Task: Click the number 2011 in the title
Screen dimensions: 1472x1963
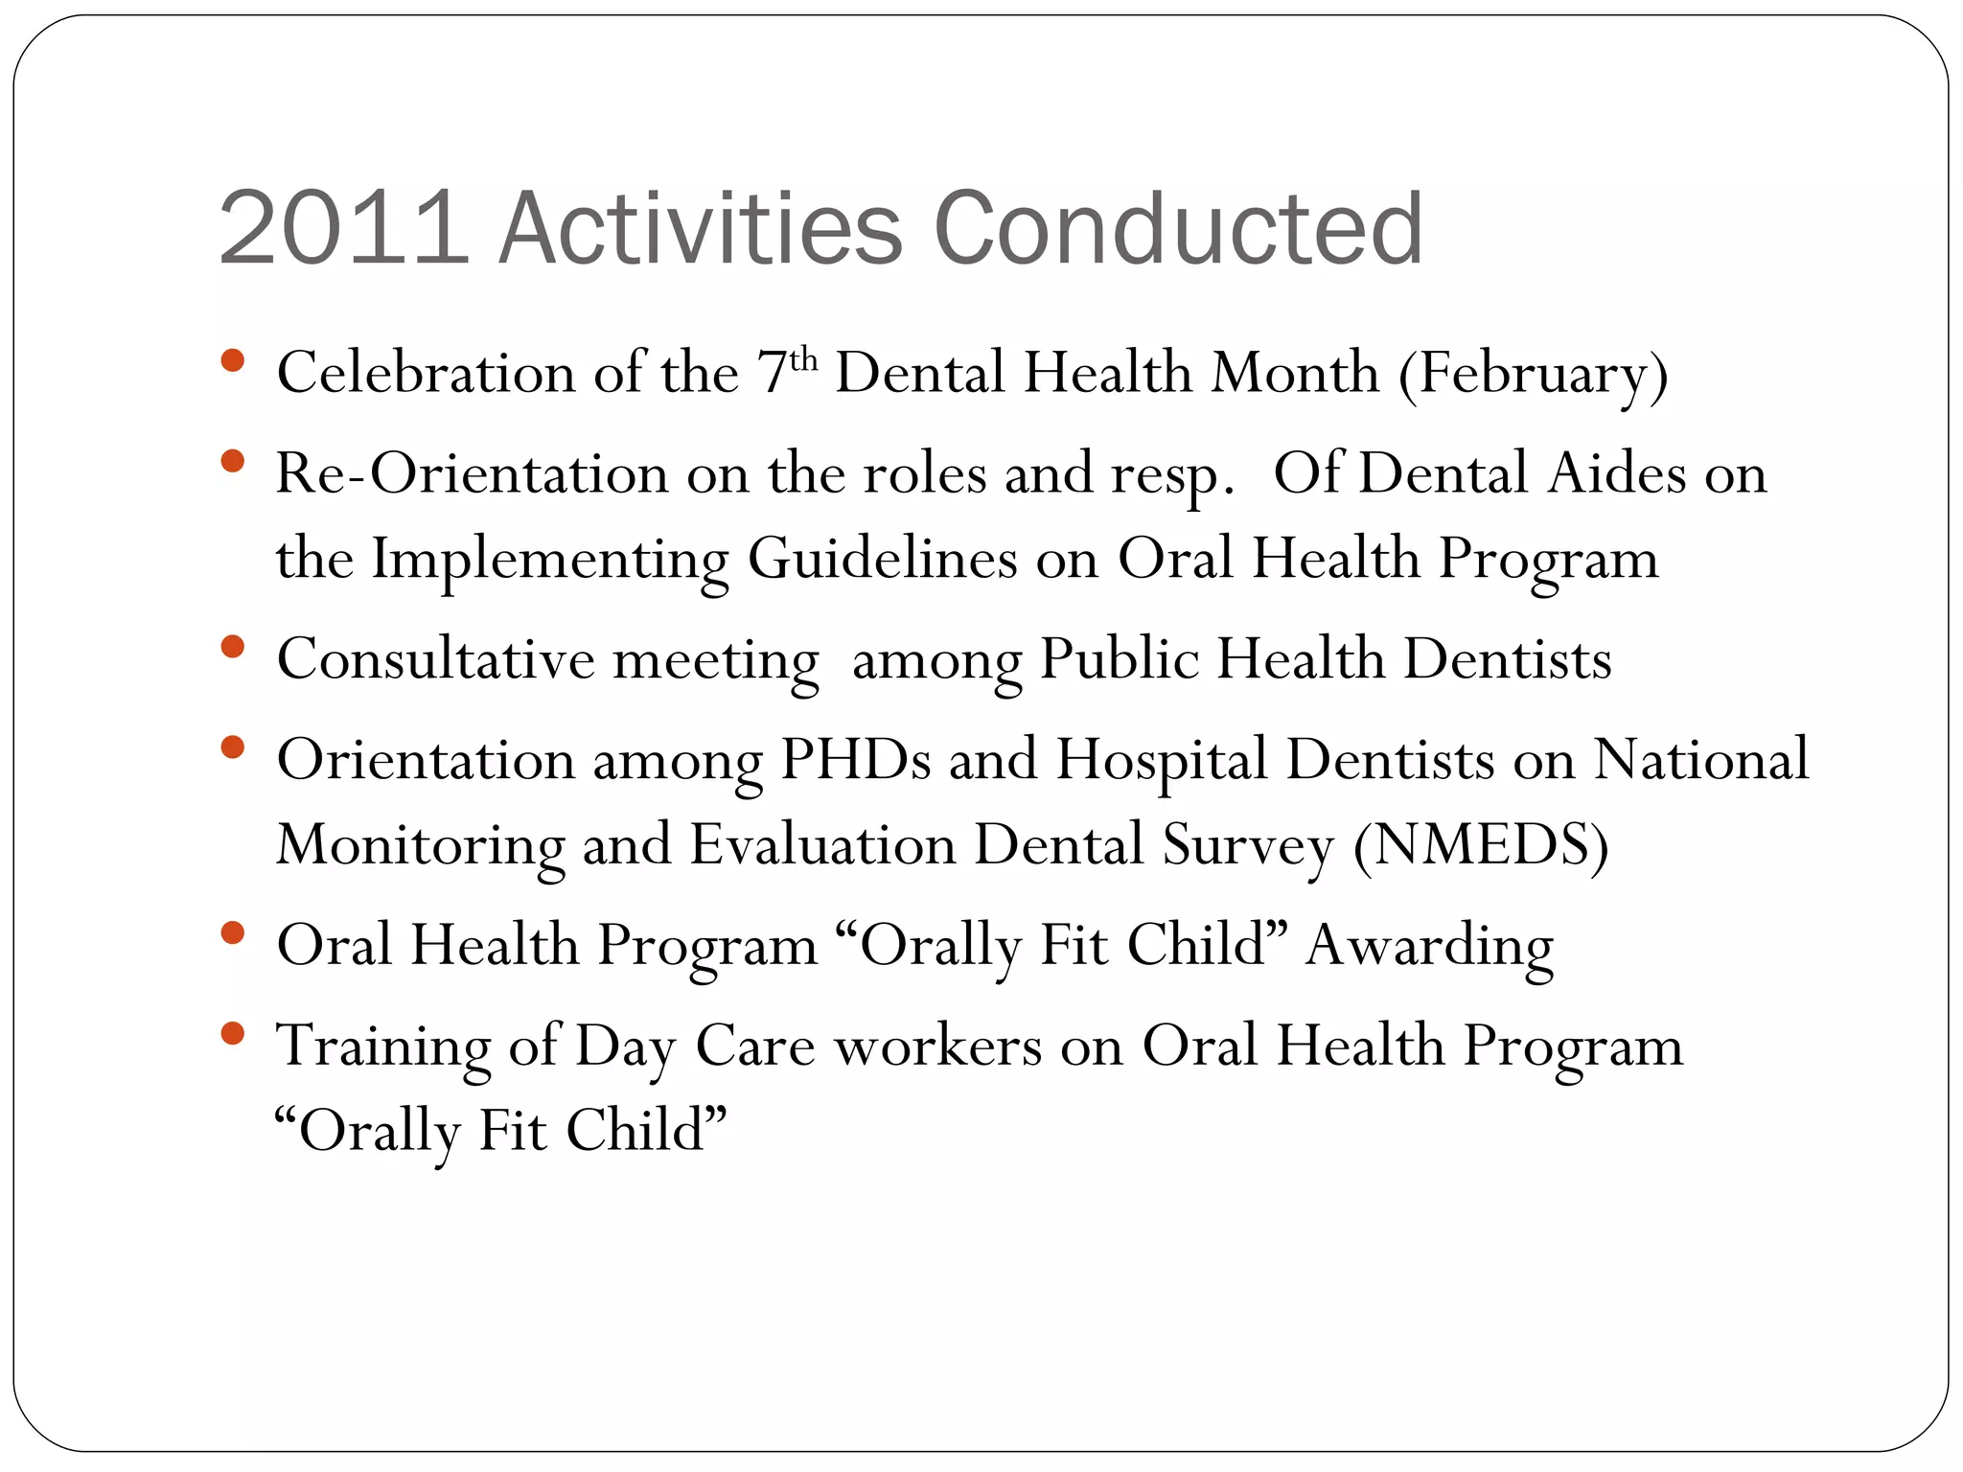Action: coord(343,229)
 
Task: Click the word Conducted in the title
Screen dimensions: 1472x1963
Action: coord(1178,229)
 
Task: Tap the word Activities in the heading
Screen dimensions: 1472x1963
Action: coord(701,229)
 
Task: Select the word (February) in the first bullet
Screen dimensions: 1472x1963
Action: coord(1533,374)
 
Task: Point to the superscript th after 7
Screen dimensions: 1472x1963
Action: coord(803,360)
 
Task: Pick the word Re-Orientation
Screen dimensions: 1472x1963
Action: coord(472,473)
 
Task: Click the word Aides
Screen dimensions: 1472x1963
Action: coord(1617,473)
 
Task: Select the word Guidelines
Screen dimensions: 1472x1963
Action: coord(882,559)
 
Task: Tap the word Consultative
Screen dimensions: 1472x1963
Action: coord(436,659)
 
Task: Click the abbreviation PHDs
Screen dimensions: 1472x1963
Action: coord(855,760)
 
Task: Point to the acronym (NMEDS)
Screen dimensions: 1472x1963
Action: coord(1481,845)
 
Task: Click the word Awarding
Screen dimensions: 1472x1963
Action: coord(1429,946)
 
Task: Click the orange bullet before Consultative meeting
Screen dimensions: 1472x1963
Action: coord(232,647)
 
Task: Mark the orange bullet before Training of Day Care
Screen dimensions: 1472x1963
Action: coord(232,1033)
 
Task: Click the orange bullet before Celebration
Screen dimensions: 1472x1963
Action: coord(232,360)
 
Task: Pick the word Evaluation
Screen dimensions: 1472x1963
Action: coord(822,845)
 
